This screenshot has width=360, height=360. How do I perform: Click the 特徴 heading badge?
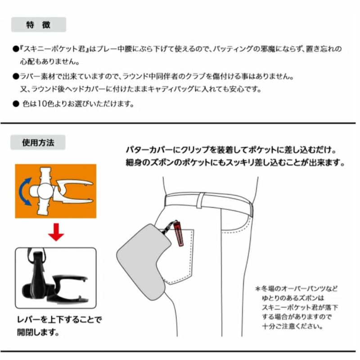click(38, 24)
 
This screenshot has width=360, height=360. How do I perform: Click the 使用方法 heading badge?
click(38, 143)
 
